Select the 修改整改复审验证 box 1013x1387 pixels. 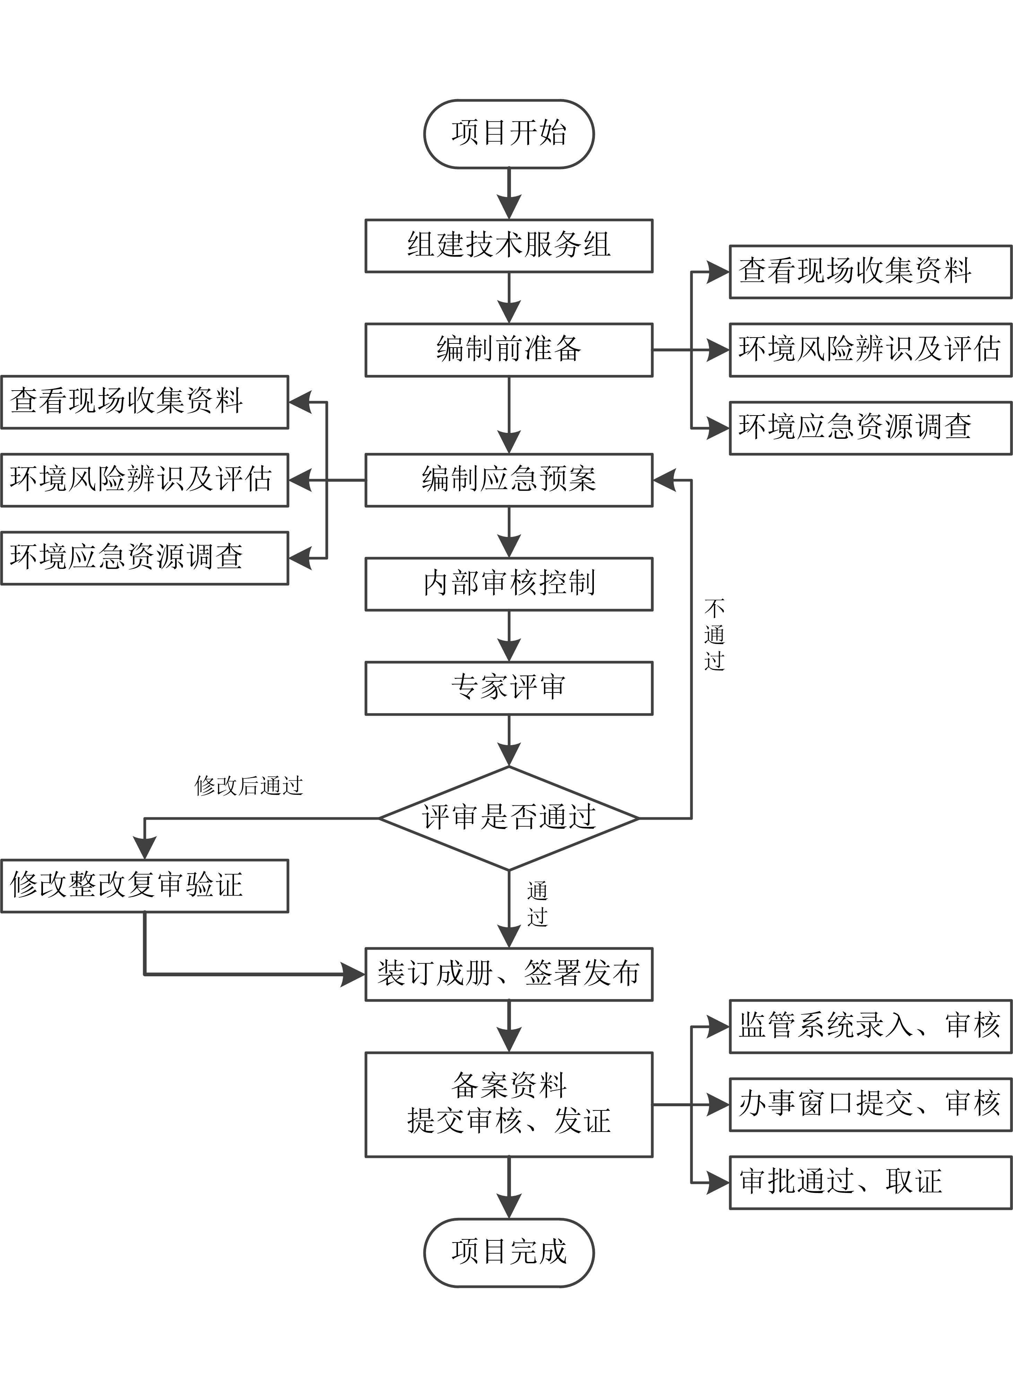coord(144,886)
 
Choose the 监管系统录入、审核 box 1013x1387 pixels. coord(869,1026)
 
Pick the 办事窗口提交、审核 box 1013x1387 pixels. coord(869,1105)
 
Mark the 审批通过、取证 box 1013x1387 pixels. coord(869,1182)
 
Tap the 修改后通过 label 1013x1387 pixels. coord(248,786)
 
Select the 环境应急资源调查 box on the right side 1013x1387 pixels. coord(869,428)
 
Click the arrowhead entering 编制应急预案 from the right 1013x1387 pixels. coord(664,480)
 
